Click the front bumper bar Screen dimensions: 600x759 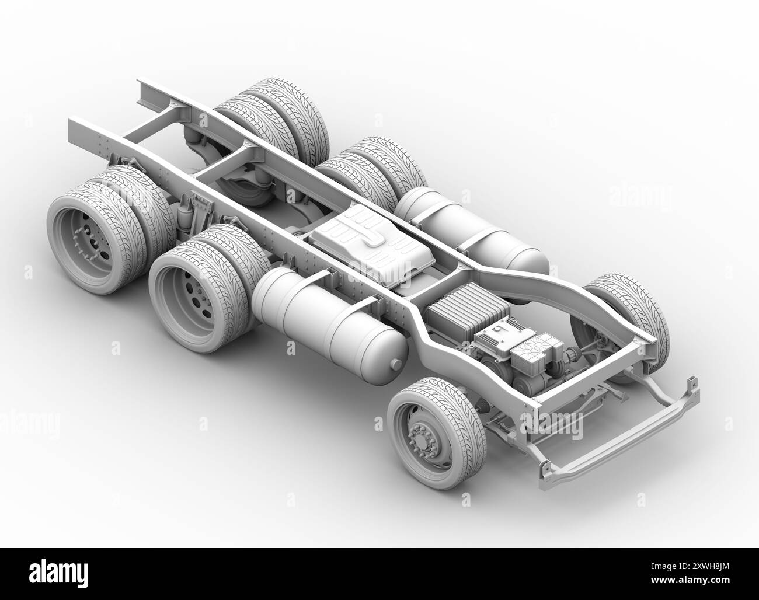click(x=619, y=429)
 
